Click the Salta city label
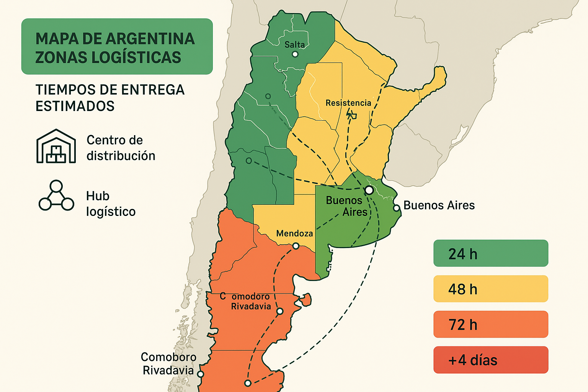click(295, 45)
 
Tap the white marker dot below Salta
click(295, 54)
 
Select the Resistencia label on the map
click(348, 103)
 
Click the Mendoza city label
click(294, 234)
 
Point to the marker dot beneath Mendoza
click(296, 246)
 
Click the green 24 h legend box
click(491, 253)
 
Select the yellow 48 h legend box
click(491, 289)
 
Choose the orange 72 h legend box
click(491, 324)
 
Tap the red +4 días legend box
click(491, 360)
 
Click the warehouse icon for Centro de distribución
click(56, 146)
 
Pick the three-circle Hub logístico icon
click(56, 196)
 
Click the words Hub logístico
click(111, 204)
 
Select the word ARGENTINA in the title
click(150, 39)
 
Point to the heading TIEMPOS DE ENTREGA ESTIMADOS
click(110, 98)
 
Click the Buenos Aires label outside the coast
click(439, 206)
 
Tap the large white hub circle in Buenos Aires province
click(369, 190)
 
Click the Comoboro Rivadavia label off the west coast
click(168, 364)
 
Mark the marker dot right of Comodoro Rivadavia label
click(280, 311)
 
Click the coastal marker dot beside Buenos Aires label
click(397, 208)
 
